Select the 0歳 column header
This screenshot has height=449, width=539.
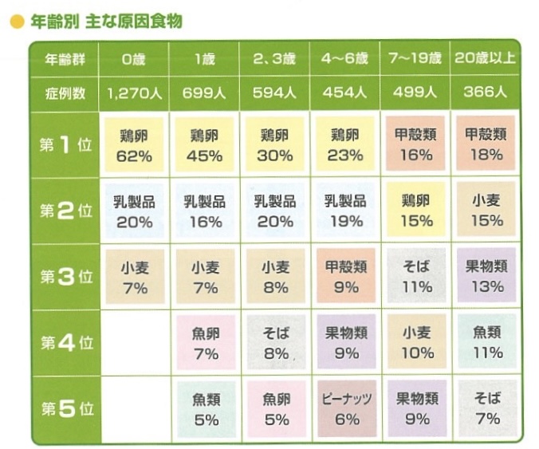(x=134, y=58)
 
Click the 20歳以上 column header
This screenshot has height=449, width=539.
(x=485, y=58)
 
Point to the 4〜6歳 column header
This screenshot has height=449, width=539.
(x=344, y=58)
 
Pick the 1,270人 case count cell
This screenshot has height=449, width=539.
(x=134, y=93)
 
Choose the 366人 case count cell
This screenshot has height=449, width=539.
(x=485, y=93)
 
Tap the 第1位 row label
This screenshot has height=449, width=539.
(x=65, y=145)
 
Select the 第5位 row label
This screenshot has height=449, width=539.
(x=65, y=410)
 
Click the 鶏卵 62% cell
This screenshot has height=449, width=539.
(x=134, y=145)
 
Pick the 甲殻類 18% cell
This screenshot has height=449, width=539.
(x=485, y=145)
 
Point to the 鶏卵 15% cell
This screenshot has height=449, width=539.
(x=415, y=211)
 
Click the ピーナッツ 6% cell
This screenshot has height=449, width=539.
(x=345, y=409)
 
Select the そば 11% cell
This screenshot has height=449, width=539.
(x=415, y=277)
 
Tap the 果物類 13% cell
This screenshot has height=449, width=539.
(x=485, y=277)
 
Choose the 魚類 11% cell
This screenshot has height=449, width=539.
(x=485, y=343)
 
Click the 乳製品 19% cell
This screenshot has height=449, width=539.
(x=345, y=211)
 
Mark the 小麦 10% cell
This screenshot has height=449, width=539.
(x=415, y=343)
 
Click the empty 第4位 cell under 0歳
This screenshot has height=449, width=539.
(x=134, y=343)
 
